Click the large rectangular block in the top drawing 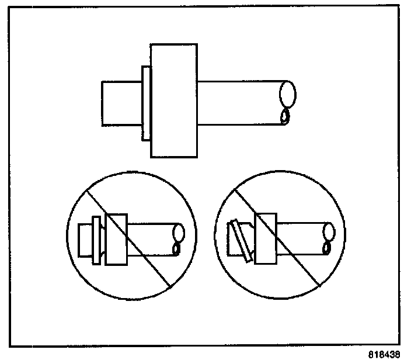pyautogui.click(x=174, y=101)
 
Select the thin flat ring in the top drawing pyautogui.click(x=147, y=103)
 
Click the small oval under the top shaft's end pyautogui.click(x=285, y=117)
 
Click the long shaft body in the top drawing pyautogui.click(x=239, y=103)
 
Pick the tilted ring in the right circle pyautogui.click(x=241, y=240)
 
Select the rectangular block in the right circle pyautogui.click(x=266, y=238)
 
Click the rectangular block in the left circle pyautogui.click(x=115, y=239)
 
